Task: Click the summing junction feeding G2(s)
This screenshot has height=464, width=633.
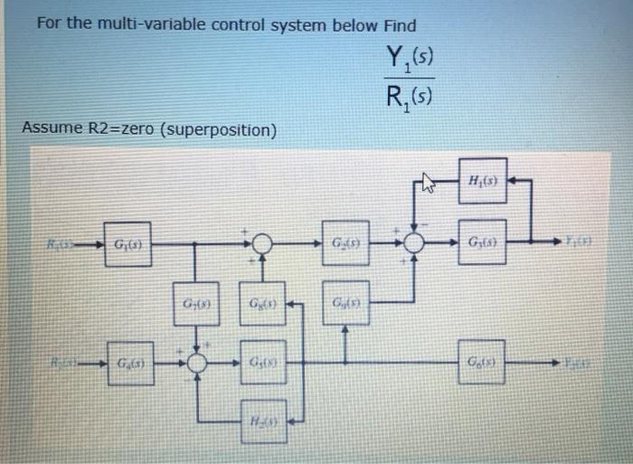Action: click(263, 244)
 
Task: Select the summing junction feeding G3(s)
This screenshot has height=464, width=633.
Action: click(416, 243)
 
